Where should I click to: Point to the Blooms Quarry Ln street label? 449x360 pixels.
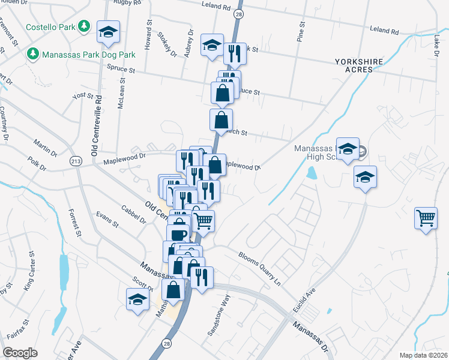click(x=261, y=266)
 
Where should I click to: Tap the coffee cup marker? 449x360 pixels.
click(x=178, y=234)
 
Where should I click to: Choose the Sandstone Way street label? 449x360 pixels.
click(x=218, y=316)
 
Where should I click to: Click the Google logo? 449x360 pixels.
click(x=20, y=353)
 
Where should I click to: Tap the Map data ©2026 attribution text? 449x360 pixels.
click(x=423, y=355)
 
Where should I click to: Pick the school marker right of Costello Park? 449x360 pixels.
click(x=109, y=33)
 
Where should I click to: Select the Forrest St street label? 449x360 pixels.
click(x=74, y=222)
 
